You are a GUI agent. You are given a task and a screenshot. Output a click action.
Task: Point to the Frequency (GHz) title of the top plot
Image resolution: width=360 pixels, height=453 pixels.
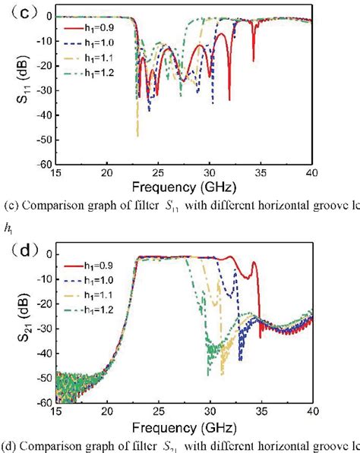[x=182, y=186]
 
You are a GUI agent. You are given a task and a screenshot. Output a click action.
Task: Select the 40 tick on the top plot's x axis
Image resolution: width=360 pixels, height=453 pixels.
[x=312, y=173]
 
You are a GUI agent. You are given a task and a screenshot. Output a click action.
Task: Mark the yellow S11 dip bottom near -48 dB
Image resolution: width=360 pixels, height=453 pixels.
[x=137, y=134]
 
